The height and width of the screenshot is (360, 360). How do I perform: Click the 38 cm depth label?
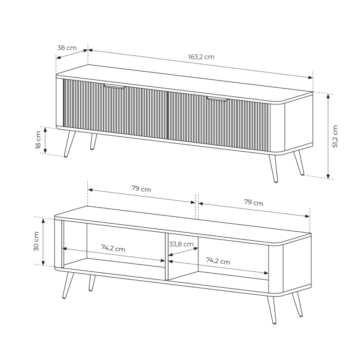coord(67,48)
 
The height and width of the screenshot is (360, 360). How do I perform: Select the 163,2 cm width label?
coord(201,57)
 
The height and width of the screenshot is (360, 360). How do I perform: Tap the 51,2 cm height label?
coord(335,136)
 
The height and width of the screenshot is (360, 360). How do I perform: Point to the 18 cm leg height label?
coord(38,140)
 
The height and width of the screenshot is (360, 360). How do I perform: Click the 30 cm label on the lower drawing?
coord(36,241)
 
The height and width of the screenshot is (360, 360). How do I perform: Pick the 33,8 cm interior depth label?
coord(181,244)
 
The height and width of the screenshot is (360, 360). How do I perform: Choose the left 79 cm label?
coord(141,189)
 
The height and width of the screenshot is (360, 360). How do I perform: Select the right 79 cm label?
coord(254,202)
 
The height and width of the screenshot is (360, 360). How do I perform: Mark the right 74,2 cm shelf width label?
coord(218,261)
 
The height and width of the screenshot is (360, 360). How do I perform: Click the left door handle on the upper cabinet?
coord(115,86)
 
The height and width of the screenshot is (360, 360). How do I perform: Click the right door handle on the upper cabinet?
coord(217,99)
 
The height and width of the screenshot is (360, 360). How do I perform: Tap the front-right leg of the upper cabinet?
coord(274,168)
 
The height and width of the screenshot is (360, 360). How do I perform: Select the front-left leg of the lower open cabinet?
coord(68,285)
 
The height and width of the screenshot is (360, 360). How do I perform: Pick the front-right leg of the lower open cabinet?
coord(271,310)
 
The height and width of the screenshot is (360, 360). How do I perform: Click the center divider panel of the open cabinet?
coord(166,256)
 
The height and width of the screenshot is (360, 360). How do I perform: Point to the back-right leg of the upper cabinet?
coord(299,163)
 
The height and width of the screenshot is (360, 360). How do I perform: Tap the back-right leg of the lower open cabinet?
coord(297,305)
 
